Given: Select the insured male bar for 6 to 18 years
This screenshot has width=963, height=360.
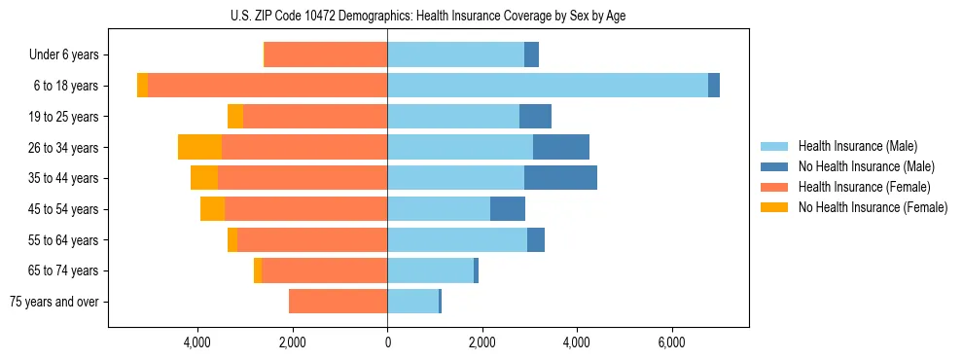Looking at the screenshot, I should coord(548,86).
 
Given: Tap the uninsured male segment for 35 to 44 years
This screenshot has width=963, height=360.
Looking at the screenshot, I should coord(560,178).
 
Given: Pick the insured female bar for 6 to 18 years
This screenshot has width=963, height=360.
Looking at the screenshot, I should coord(267,86).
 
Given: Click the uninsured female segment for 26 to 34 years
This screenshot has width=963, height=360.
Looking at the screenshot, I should coord(199,147).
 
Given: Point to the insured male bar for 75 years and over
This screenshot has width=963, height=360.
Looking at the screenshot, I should coord(412,302).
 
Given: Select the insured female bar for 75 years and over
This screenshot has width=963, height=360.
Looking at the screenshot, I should coord(338,302).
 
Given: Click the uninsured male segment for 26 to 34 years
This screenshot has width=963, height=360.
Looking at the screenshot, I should coord(561,147).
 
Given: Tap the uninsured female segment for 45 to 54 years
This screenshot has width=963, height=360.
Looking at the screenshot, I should coord(212,209).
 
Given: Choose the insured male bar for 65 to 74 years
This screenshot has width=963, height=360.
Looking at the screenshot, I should coord(430,270).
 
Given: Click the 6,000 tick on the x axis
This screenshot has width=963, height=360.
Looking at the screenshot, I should coord(672,342).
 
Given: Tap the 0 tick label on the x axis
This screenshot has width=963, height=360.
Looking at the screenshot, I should coord(387,342).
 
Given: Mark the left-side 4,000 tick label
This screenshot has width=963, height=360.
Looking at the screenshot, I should coord(197,342).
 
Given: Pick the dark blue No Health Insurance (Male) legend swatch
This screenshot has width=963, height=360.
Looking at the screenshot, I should coord(774,167).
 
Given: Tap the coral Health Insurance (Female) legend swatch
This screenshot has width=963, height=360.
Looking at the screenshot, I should coord(774,187).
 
